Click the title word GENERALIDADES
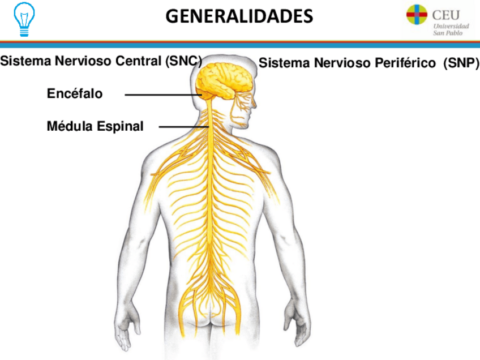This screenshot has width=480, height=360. coord(239,16)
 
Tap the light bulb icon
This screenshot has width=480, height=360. coord(24,19)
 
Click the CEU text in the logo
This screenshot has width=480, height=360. coord(445,15)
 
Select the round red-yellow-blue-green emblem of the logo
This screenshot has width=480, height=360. coord(417,15)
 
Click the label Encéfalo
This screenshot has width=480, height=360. coord(75,94)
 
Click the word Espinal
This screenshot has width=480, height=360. coord(120,126)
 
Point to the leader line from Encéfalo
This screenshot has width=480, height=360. coord(164,95)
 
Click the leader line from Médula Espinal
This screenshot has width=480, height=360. coord(184,127)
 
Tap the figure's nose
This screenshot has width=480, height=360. coord(255,104)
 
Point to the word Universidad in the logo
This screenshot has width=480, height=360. coord(451,26)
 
